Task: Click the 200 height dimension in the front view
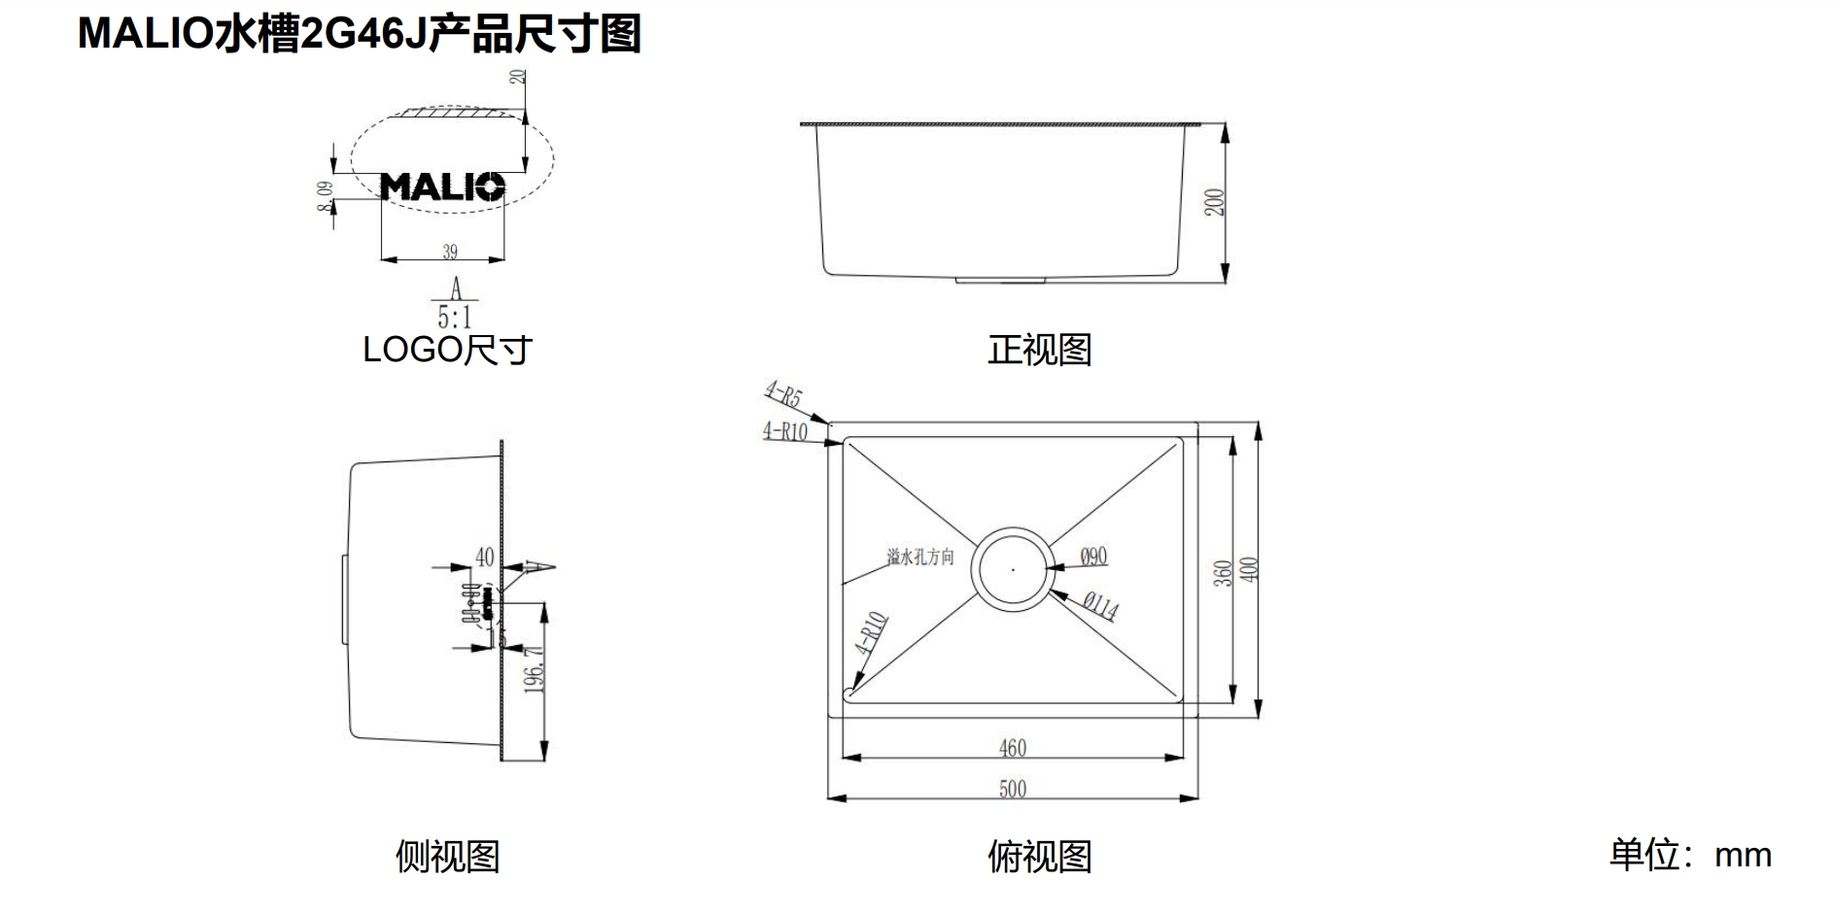pyautogui.click(x=1215, y=202)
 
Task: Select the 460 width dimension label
pyautogui.click(x=1012, y=748)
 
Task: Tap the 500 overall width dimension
pyautogui.click(x=1012, y=789)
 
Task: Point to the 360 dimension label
pyautogui.click(x=1224, y=572)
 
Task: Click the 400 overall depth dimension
pyautogui.click(x=1250, y=569)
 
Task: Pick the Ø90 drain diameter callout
pyautogui.click(x=1093, y=557)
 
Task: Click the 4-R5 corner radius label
pyautogui.click(x=782, y=394)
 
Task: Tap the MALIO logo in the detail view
pyautogui.click(x=442, y=186)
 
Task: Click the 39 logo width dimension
pyautogui.click(x=449, y=252)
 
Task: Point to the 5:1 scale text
pyautogui.click(x=454, y=317)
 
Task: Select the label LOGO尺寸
pyautogui.click(x=447, y=350)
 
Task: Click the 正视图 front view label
pyautogui.click(x=1039, y=350)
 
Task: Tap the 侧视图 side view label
pyautogui.click(x=447, y=857)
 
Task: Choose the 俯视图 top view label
pyautogui.click(x=1039, y=857)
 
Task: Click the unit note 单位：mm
pyautogui.click(x=1690, y=855)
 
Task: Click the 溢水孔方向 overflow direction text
pyautogui.click(x=919, y=558)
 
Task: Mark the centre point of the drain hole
pyautogui.click(x=1013, y=569)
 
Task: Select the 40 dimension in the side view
pyautogui.click(x=484, y=558)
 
